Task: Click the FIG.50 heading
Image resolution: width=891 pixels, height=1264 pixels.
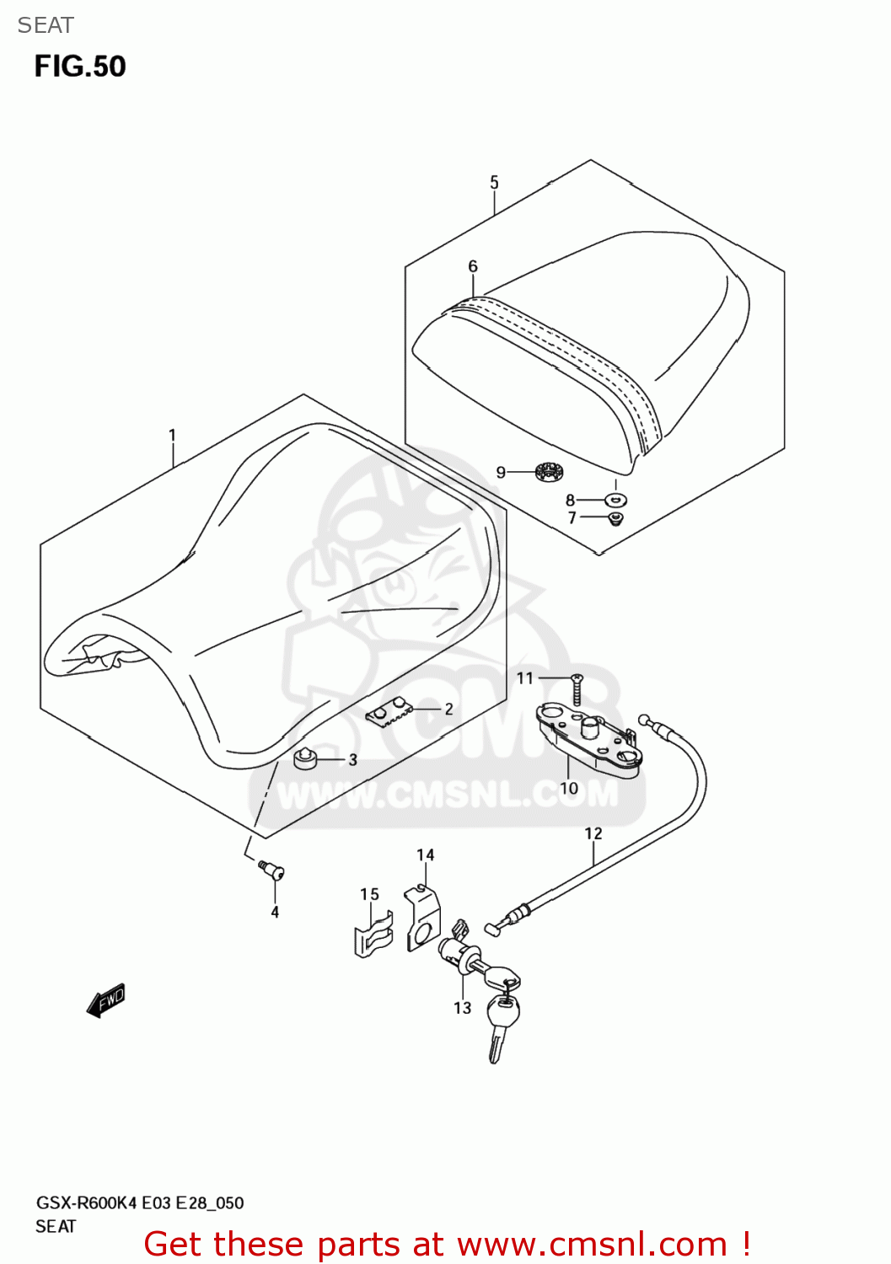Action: [x=80, y=67]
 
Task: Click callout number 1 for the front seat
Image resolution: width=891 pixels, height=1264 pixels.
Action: [x=172, y=436]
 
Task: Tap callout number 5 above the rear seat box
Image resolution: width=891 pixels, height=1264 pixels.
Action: [x=494, y=182]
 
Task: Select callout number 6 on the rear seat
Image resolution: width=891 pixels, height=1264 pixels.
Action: [x=473, y=266]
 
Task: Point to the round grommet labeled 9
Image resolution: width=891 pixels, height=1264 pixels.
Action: [x=549, y=473]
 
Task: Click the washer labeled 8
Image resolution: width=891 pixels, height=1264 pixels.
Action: [x=616, y=500]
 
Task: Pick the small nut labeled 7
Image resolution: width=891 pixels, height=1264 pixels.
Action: [x=616, y=517]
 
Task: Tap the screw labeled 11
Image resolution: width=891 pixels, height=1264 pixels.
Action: [x=577, y=689]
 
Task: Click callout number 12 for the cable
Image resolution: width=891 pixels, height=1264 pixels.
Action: [x=593, y=833]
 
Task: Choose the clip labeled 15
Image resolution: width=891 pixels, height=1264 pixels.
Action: [x=373, y=935]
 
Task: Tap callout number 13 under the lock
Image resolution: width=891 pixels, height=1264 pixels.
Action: [x=462, y=1008]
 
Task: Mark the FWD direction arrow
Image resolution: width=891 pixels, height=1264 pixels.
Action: [x=106, y=1000]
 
